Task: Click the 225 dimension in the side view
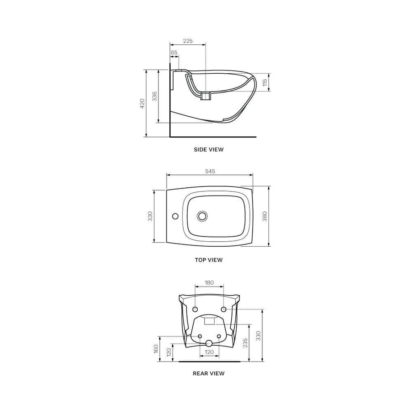(x=188, y=41)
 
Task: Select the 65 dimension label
(x=174, y=53)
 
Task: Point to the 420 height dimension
(x=142, y=103)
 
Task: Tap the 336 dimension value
(x=155, y=96)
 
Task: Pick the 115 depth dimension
(x=265, y=82)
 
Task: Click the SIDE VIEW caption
(x=209, y=149)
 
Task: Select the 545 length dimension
(x=210, y=171)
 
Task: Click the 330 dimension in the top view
(x=150, y=216)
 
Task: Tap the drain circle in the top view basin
(x=202, y=216)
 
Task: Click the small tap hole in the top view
(x=174, y=216)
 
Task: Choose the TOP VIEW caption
(x=209, y=260)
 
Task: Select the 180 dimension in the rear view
(x=209, y=282)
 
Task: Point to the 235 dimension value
(x=245, y=343)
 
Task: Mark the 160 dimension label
(x=156, y=349)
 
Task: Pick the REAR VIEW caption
(x=209, y=373)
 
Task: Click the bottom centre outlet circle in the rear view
(x=209, y=343)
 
